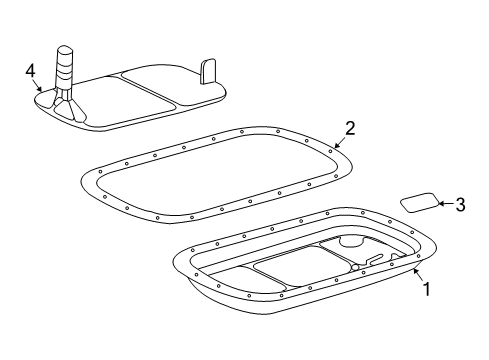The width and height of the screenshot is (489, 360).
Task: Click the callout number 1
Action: click(x=427, y=290)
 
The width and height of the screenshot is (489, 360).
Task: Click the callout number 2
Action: click(x=350, y=128)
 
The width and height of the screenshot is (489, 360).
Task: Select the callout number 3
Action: click(x=460, y=205)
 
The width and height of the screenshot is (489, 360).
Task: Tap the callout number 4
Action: click(x=31, y=70)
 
